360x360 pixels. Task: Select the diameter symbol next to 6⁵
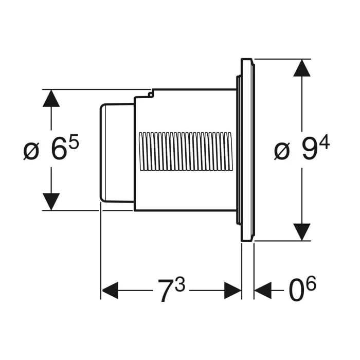(x=31, y=152)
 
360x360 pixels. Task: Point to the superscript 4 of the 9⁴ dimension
(x=324, y=142)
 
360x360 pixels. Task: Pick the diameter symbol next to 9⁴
(x=282, y=152)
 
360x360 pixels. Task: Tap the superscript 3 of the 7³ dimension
(x=179, y=283)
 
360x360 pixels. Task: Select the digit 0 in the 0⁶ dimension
(x=295, y=291)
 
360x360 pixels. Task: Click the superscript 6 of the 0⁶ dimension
(x=311, y=283)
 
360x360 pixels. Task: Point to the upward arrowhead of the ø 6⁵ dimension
(x=51, y=98)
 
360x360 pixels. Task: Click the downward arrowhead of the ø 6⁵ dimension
(x=51, y=201)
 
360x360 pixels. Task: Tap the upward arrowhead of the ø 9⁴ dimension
(x=302, y=68)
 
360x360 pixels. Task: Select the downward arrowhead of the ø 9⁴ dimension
(x=302, y=232)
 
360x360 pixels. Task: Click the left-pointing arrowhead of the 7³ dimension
(x=110, y=291)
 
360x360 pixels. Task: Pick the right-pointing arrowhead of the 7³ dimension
(x=232, y=291)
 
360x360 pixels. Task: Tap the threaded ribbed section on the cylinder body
(x=185, y=151)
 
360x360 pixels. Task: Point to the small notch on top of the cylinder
(x=151, y=93)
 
